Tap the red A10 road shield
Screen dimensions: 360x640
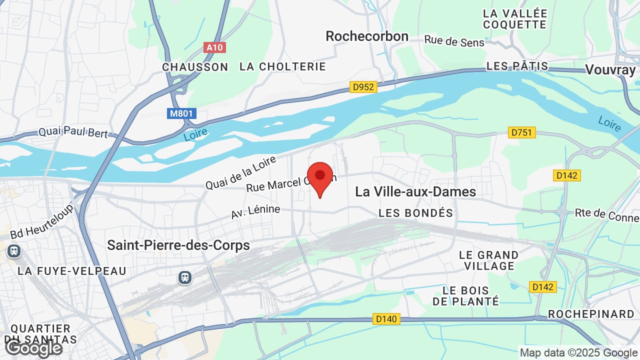(x=215, y=47)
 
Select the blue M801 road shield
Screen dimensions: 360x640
(x=181, y=113)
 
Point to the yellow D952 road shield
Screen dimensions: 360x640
(x=363, y=87)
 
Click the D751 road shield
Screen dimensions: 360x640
(x=521, y=132)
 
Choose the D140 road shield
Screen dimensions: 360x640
(x=386, y=318)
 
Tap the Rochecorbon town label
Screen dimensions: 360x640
(x=367, y=36)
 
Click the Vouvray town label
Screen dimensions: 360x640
(x=610, y=70)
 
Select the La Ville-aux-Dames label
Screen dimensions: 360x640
(x=415, y=191)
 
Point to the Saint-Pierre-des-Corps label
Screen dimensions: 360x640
(x=178, y=245)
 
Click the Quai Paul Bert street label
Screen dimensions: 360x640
(x=73, y=132)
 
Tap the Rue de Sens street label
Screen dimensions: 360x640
(x=454, y=41)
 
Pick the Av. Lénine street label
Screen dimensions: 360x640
(x=255, y=211)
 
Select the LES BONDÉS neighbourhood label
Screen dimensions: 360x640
(x=415, y=213)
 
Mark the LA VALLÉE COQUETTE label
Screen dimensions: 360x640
(x=515, y=18)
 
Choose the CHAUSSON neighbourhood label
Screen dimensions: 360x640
(x=195, y=67)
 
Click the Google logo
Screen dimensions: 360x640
(x=34, y=348)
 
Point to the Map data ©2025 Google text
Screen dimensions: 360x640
(x=578, y=352)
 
